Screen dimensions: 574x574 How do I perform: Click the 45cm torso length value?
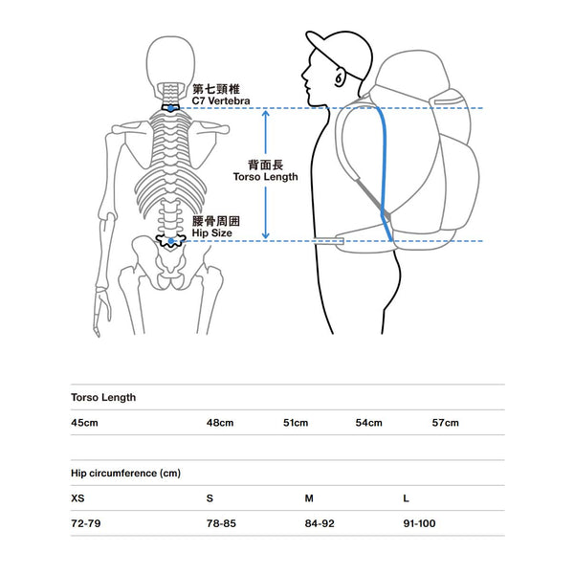tap(84, 423)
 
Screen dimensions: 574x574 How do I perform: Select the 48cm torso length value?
tap(220, 423)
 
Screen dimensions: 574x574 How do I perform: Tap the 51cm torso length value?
tap(296, 423)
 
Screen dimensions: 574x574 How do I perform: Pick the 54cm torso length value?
tap(369, 423)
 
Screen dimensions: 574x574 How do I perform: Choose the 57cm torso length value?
tap(446, 423)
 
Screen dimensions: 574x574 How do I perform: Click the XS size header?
tap(77, 498)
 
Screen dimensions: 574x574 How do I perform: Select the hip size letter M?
tap(309, 498)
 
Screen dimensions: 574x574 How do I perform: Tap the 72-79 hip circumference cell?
tap(86, 523)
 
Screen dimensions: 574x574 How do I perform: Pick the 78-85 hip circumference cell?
tap(222, 523)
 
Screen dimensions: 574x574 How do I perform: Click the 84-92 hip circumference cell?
tap(320, 523)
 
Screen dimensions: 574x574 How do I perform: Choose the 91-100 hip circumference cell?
tap(420, 523)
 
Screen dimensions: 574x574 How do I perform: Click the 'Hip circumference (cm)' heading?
tap(126, 474)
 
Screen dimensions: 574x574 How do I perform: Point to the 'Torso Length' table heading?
tap(103, 398)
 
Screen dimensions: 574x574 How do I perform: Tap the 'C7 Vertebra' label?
tap(221, 101)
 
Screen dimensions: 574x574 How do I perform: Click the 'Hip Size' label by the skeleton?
tap(212, 233)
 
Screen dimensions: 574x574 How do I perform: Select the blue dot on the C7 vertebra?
tap(170, 108)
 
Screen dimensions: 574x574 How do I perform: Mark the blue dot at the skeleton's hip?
tap(171, 241)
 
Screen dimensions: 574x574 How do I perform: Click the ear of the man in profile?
tap(340, 78)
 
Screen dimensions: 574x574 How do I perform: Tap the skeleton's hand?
tap(100, 311)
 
